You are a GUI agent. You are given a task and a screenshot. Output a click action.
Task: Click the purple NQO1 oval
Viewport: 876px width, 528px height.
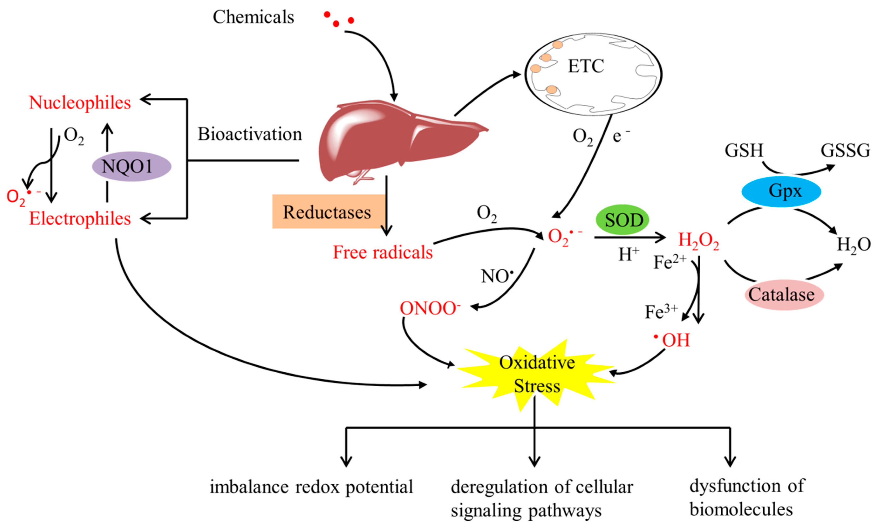(132, 166)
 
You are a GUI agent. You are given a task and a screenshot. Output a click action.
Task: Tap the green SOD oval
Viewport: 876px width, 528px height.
(622, 220)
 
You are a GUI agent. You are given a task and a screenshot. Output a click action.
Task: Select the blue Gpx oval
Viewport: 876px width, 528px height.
(781, 191)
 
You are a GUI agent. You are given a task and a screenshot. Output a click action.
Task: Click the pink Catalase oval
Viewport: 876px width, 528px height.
(784, 294)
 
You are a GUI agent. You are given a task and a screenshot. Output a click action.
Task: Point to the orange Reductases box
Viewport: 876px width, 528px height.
(327, 212)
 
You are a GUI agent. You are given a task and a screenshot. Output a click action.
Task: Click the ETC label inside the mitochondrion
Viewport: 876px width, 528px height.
(586, 66)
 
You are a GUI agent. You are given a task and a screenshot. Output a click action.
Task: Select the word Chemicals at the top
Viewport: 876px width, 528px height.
(253, 17)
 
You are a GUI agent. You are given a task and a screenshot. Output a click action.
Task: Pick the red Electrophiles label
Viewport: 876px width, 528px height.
(80, 218)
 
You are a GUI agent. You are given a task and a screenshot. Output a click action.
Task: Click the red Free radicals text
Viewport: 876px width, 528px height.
(382, 252)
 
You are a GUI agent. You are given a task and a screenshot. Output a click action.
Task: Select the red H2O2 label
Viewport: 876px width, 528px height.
(698, 240)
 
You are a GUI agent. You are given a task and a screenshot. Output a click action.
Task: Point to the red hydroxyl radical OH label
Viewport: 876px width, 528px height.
(674, 340)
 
